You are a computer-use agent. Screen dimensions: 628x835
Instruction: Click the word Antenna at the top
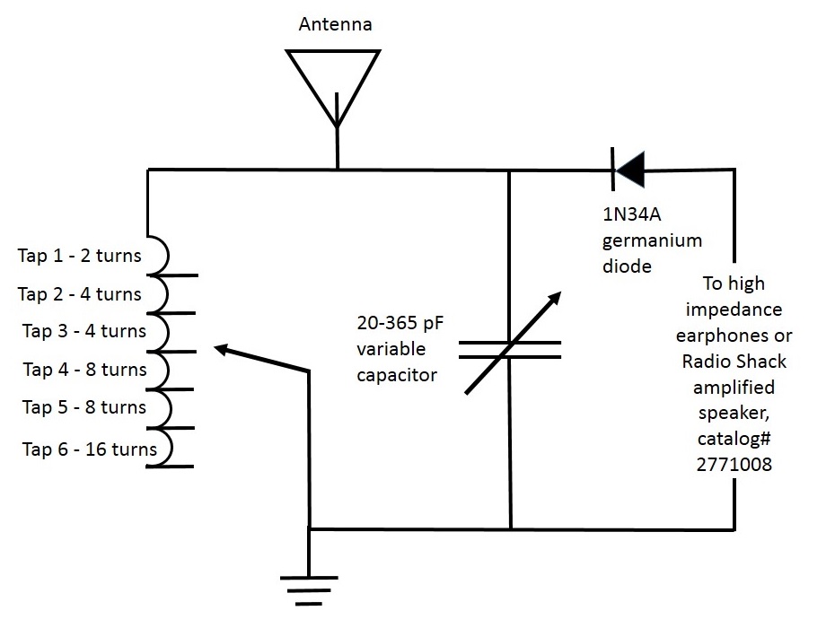pos(335,24)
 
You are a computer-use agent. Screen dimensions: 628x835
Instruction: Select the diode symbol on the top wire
pos(628,169)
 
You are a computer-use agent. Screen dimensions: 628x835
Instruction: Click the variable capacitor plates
pos(509,349)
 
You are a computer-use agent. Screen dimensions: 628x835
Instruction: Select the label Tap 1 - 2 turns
pos(80,255)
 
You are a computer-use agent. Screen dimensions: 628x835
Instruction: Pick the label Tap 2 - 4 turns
pos(80,293)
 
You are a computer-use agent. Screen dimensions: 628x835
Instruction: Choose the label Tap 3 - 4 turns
pos(84,331)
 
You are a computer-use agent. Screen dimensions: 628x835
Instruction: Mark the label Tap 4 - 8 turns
pos(84,369)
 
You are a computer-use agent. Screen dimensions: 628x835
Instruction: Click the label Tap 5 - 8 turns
pos(84,406)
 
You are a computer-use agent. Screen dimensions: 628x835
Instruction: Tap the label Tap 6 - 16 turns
pos(90,449)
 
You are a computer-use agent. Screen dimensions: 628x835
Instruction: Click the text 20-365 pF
pos(400,323)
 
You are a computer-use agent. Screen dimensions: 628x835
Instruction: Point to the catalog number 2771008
pos(734,465)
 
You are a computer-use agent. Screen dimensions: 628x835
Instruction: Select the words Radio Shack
pos(734,361)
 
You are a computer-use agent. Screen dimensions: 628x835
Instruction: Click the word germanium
pos(652,240)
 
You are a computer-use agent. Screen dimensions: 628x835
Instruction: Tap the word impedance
pos(734,310)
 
